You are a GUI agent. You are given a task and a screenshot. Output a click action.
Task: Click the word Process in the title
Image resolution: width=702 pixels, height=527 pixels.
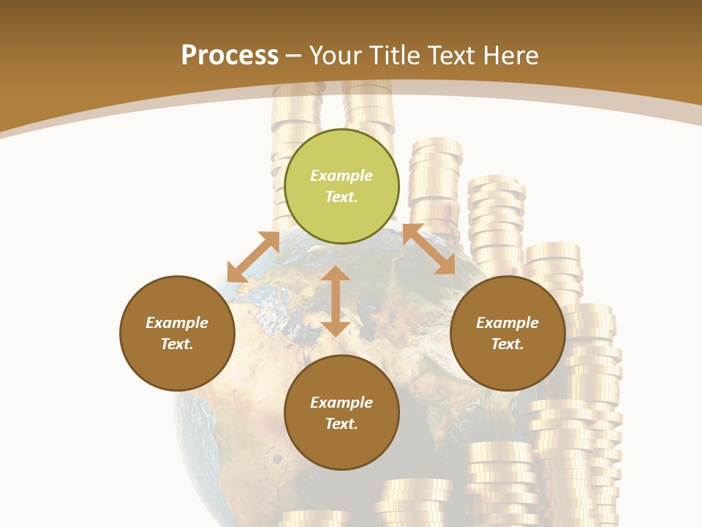pos(230,56)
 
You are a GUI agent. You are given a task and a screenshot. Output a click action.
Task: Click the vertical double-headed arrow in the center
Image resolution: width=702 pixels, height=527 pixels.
pos(336,301)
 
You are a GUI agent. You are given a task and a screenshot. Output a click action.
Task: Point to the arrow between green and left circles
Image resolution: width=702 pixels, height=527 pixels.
pos(253,257)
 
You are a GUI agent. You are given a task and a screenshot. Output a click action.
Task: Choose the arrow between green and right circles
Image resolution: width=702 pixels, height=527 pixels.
pos(429,249)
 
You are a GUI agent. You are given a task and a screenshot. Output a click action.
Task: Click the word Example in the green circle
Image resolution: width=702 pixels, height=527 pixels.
pos(341,176)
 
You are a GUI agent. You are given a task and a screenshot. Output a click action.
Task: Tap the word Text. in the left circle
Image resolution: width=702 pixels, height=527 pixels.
pos(177,344)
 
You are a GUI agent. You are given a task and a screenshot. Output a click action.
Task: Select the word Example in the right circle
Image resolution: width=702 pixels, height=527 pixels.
pos(507,323)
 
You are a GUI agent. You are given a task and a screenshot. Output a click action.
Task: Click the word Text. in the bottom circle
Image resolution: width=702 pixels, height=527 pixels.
pos(341,424)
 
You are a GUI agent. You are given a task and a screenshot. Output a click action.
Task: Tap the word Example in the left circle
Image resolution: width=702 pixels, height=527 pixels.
pos(177,323)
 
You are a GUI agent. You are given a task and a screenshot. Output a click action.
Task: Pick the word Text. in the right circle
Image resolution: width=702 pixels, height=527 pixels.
pos(507,344)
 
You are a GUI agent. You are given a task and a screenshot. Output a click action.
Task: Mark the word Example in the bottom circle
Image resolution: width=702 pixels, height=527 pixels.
pos(341,403)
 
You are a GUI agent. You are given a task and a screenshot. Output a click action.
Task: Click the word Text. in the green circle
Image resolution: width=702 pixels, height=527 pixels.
pos(341,197)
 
